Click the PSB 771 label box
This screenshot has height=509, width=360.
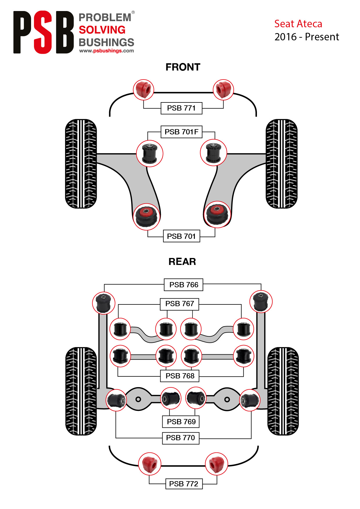181,108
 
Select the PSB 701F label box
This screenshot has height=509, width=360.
181,132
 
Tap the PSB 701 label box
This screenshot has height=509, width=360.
181,236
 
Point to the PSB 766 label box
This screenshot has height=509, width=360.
184,285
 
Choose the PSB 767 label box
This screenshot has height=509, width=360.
180,304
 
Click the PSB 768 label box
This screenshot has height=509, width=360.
180,376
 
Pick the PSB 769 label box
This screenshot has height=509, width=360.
181,422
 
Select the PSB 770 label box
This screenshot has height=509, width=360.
181,438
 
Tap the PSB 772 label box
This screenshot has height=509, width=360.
184,484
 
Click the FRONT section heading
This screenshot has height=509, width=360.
183,67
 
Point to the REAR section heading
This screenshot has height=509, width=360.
182,262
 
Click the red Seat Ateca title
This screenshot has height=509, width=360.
298,24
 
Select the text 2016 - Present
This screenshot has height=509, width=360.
307,37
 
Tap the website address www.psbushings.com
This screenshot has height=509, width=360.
107,51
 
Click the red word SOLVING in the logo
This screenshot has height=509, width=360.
102,30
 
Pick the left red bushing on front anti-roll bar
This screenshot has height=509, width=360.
144,90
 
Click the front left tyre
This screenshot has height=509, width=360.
81,164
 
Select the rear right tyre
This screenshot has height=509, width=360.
283,391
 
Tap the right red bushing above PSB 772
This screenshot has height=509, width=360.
216,464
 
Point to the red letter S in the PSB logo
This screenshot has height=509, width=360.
43,32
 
